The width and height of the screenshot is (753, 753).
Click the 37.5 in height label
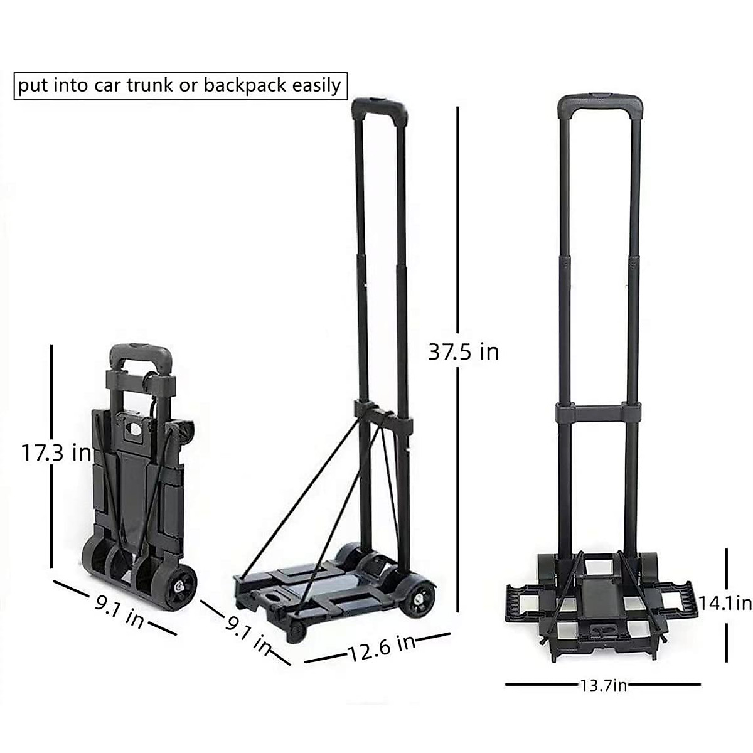(x=463, y=351)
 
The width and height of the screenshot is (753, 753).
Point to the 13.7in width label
(x=602, y=685)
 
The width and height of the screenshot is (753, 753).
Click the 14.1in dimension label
(x=725, y=603)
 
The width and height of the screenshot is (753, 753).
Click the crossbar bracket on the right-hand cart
(x=599, y=412)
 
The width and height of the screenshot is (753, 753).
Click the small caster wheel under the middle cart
(x=295, y=631)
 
